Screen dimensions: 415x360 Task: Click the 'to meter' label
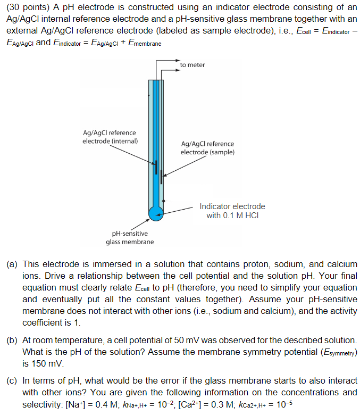point(192,65)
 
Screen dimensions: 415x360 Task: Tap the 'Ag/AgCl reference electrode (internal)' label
point(110,137)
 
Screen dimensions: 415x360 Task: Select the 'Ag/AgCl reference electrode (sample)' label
point(207,148)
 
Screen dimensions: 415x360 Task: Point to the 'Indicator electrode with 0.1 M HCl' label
point(232,211)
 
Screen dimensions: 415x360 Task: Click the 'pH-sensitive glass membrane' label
point(130,238)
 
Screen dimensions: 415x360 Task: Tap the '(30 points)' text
point(27,8)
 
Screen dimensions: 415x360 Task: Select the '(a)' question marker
point(12,264)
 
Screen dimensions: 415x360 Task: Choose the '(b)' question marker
point(12,340)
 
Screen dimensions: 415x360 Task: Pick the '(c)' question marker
point(12,381)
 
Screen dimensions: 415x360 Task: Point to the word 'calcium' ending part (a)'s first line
point(341,264)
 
